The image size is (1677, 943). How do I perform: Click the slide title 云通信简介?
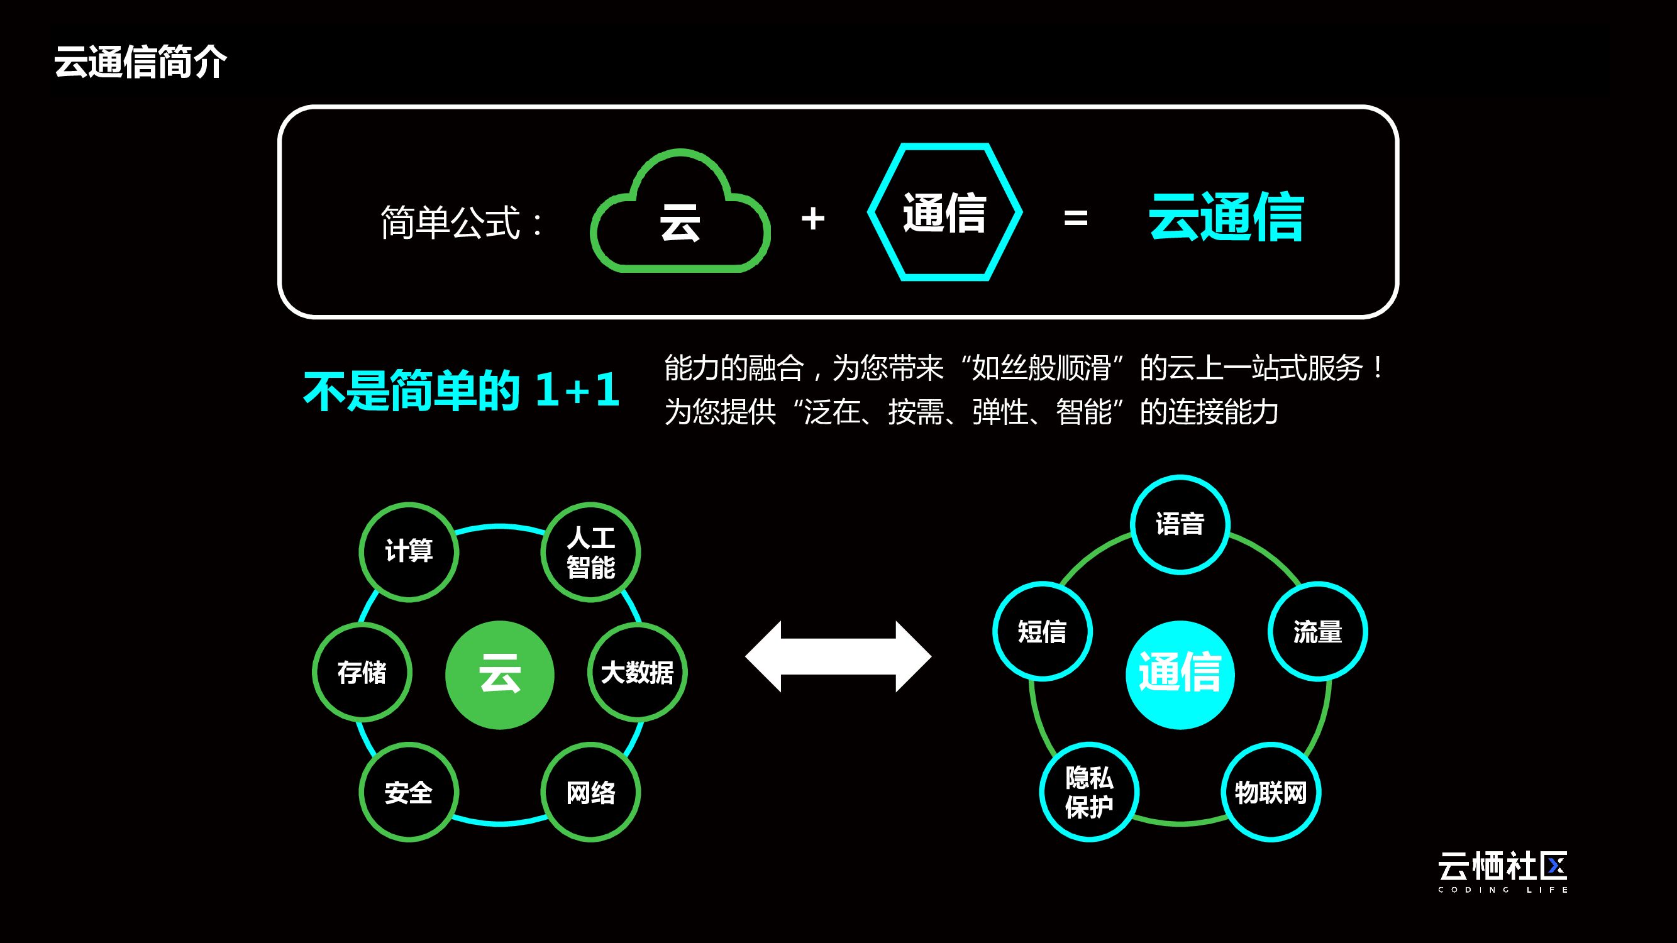pos(140,62)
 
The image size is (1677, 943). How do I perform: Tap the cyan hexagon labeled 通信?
pos(944,212)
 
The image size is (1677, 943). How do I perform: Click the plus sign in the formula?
pos(812,219)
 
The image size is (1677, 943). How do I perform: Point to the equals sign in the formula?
pos(1075,219)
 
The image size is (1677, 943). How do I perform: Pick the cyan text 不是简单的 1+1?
pos(461,390)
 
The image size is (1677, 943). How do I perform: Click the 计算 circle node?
pos(409,551)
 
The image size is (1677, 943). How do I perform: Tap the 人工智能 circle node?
pos(590,552)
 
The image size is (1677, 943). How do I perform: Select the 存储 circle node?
pos(362,672)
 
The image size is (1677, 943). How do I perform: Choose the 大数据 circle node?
pos(638,672)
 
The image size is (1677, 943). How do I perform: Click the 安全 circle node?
pos(409,792)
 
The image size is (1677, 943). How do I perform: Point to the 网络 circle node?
pos(590,792)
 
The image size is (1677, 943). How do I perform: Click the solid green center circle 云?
pos(500,675)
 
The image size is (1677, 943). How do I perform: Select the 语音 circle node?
pos(1180,524)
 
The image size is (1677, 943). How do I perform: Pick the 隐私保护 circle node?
pos(1089,792)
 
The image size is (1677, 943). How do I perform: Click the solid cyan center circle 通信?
pos(1180,675)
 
